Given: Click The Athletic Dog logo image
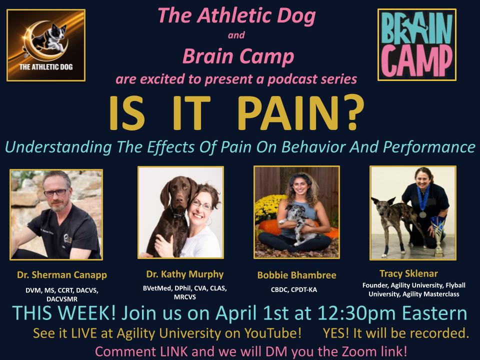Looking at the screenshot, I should tap(46, 45).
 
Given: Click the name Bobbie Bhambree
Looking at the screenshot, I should tap(296, 275).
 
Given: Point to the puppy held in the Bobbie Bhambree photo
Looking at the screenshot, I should tap(296, 229).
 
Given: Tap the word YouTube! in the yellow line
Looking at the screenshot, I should tap(279, 332).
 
